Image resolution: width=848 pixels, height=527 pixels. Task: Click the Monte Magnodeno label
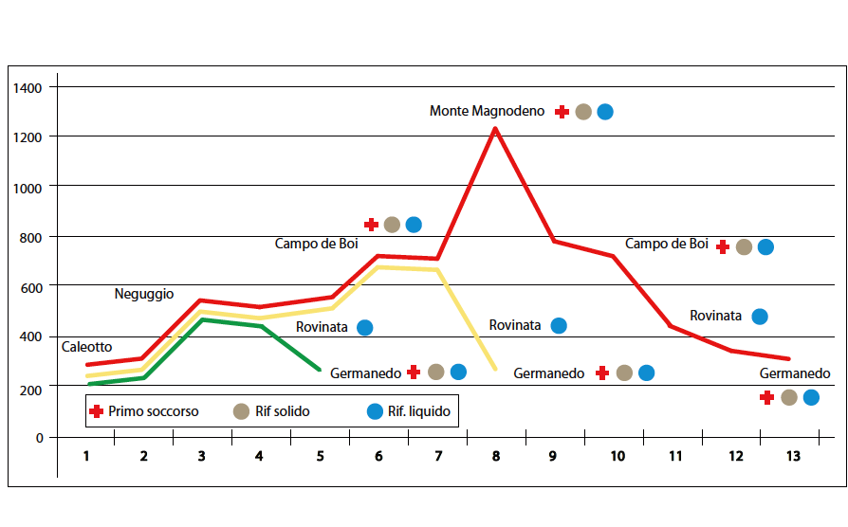(487, 111)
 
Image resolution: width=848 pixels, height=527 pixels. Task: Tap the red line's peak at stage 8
(495, 128)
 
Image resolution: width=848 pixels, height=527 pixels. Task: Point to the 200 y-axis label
(33, 388)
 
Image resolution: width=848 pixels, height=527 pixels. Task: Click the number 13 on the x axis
(793, 456)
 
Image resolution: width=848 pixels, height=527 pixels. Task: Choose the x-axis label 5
(321, 456)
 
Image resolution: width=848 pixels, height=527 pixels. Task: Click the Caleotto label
(86, 348)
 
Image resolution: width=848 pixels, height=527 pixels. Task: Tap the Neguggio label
(144, 295)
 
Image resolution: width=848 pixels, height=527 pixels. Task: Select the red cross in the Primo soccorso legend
(96, 411)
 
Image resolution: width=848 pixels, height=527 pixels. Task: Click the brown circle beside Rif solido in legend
(241, 411)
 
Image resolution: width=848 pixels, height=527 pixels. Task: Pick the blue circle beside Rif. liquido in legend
(375, 411)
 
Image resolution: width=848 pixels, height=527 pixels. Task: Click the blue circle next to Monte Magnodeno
(605, 112)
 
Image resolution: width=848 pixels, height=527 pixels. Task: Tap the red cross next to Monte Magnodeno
(562, 112)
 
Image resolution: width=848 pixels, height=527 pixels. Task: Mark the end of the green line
(320, 370)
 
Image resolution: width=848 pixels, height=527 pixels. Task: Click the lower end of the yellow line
(495, 369)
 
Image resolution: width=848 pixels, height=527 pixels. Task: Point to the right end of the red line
(789, 359)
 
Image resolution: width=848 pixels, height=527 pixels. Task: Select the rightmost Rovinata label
(715, 316)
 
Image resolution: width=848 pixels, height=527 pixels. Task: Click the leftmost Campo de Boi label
(317, 244)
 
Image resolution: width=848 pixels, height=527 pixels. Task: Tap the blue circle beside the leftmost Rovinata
(364, 328)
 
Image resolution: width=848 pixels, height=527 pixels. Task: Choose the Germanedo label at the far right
(795, 373)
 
